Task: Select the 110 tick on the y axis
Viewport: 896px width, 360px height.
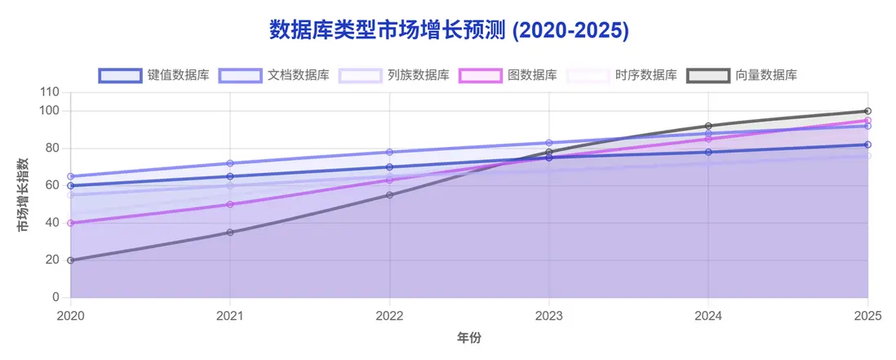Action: [x=51, y=92]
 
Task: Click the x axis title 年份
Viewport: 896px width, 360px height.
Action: [x=468, y=336]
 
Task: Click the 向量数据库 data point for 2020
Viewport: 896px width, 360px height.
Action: [x=71, y=260]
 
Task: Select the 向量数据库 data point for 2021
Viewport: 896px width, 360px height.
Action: [x=230, y=233]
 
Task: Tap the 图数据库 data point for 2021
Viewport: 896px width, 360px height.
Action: [x=230, y=204]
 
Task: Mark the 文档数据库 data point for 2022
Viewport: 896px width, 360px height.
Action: [x=389, y=152]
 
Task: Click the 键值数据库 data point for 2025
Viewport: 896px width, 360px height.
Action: [x=867, y=144]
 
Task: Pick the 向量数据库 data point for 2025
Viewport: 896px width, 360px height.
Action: [x=867, y=111]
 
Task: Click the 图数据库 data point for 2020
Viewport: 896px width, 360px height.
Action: [x=71, y=223]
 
